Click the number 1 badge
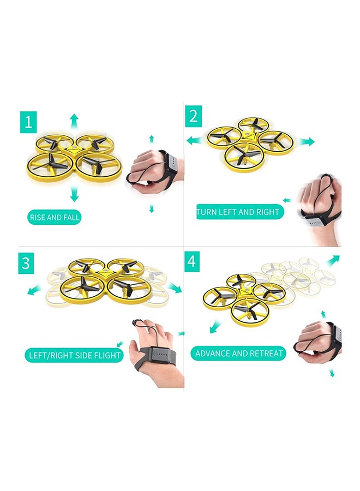point(28,122)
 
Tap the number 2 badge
point(193,116)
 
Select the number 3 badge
point(26,263)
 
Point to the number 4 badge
point(191,261)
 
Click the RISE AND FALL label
point(55,217)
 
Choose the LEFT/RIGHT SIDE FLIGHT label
point(75,355)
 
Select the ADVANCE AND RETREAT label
point(239,354)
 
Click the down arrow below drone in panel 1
point(74,194)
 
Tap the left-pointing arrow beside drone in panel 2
point(195,141)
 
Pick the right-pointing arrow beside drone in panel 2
point(307,141)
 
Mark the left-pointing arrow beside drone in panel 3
point(35,290)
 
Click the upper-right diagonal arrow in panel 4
point(333,261)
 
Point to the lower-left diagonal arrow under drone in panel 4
point(215,327)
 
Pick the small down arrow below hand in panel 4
point(332,373)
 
